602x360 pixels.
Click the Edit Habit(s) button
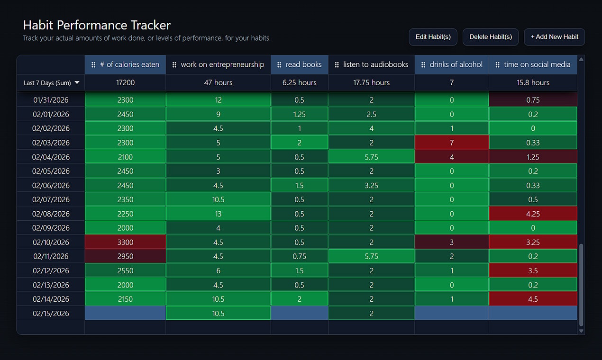pos(433,37)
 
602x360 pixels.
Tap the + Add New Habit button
pos(554,37)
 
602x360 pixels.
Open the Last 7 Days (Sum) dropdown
pos(51,83)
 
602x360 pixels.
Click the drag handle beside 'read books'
pos(279,65)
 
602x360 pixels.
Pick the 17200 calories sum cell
pos(125,83)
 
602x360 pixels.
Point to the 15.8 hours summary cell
pos(533,83)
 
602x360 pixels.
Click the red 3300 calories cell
pos(125,242)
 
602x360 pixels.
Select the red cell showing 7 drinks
pos(451,143)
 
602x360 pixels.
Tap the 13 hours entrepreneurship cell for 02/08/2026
pos(218,214)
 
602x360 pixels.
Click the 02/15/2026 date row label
pos(51,313)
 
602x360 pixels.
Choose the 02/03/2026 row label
pos(51,143)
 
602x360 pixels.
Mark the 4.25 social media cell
pos(533,214)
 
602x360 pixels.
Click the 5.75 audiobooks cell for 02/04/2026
pos(371,157)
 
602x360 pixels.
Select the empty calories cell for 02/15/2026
pos(125,313)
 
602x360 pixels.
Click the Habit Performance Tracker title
pos(97,25)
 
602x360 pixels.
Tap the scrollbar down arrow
pos(581,331)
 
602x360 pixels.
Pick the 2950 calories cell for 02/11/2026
pos(125,256)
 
